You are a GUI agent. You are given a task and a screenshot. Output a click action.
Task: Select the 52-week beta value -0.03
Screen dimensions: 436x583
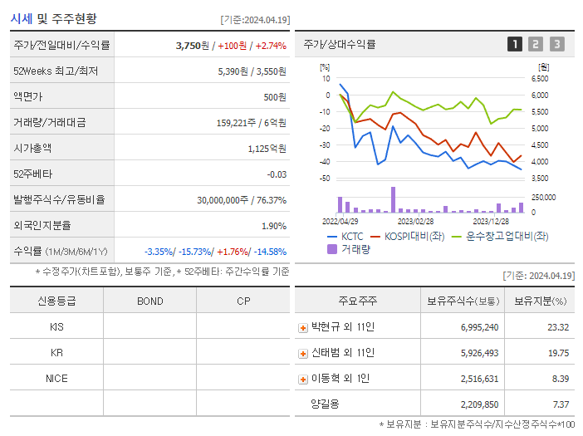coord(276,174)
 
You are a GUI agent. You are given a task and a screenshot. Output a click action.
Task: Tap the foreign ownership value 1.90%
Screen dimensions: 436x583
coord(273,225)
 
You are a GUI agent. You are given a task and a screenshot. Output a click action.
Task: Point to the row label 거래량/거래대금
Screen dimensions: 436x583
coord(50,123)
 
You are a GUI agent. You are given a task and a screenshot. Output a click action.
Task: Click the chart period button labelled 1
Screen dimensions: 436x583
coord(515,45)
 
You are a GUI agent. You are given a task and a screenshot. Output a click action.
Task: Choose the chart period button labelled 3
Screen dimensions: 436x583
coord(556,45)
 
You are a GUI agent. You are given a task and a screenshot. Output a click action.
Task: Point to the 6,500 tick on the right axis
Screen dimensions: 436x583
coord(539,79)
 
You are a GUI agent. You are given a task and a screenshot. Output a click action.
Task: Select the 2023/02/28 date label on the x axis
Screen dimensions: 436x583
coord(415,221)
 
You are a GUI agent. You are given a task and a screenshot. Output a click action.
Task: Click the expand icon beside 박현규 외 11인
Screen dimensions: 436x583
coord(303,328)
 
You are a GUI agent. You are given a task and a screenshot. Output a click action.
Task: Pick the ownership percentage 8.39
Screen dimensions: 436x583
coord(560,379)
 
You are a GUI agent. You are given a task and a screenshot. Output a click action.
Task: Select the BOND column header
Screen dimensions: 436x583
coord(149,301)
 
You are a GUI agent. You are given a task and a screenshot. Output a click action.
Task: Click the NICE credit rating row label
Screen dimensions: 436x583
coord(56,378)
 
